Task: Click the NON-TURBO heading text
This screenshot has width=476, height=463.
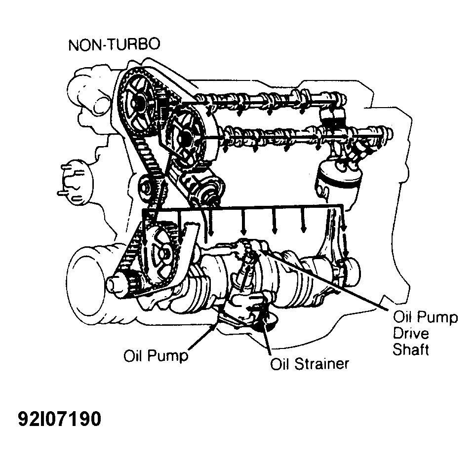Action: (x=114, y=44)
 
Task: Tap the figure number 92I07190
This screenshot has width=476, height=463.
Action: (x=59, y=419)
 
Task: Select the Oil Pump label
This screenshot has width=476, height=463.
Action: (x=156, y=355)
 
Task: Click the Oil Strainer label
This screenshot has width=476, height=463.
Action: (x=310, y=363)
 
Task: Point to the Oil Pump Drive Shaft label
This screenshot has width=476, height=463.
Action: (x=425, y=334)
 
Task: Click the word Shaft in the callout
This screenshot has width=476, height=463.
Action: (x=411, y=349)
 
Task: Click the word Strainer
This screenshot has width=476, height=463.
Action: (x=322, y=363)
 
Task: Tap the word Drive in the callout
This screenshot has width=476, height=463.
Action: (x=411, y=334)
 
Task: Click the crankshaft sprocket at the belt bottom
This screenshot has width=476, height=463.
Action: (x=160, y=253)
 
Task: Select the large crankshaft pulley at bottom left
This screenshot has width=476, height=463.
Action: (x=88, y=277)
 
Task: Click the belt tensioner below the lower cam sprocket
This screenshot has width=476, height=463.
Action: (x=203, y=186)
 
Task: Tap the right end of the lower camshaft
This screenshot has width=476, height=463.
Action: (x=389, y=134)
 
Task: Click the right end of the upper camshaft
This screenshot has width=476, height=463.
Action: (x=342, y=99)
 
